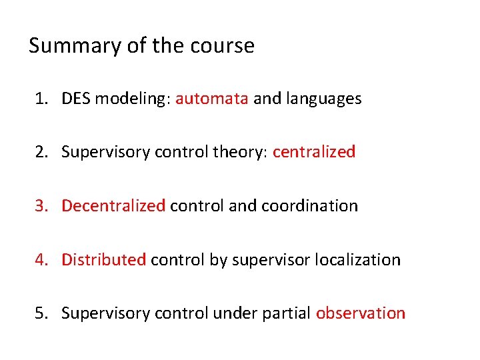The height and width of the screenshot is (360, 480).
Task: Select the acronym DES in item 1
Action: (76, 99)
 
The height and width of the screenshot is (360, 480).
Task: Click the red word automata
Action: (212, 99)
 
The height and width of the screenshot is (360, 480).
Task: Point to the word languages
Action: (323, 99)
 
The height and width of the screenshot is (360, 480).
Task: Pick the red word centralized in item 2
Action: (314, 152)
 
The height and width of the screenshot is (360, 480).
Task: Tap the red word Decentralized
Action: (113, 206)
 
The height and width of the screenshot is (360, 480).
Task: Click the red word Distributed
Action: (103, 259)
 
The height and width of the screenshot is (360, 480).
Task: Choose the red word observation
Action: (360, 313)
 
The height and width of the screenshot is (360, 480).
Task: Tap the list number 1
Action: (41, 99)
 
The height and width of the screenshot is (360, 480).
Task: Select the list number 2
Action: (41, 153)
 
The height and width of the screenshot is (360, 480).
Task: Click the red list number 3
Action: (41, 206)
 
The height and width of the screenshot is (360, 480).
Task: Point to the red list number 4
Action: (41, 259)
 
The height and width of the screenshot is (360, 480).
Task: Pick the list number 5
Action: (41, 313)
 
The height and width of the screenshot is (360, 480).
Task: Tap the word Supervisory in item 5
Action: (105, 313)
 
